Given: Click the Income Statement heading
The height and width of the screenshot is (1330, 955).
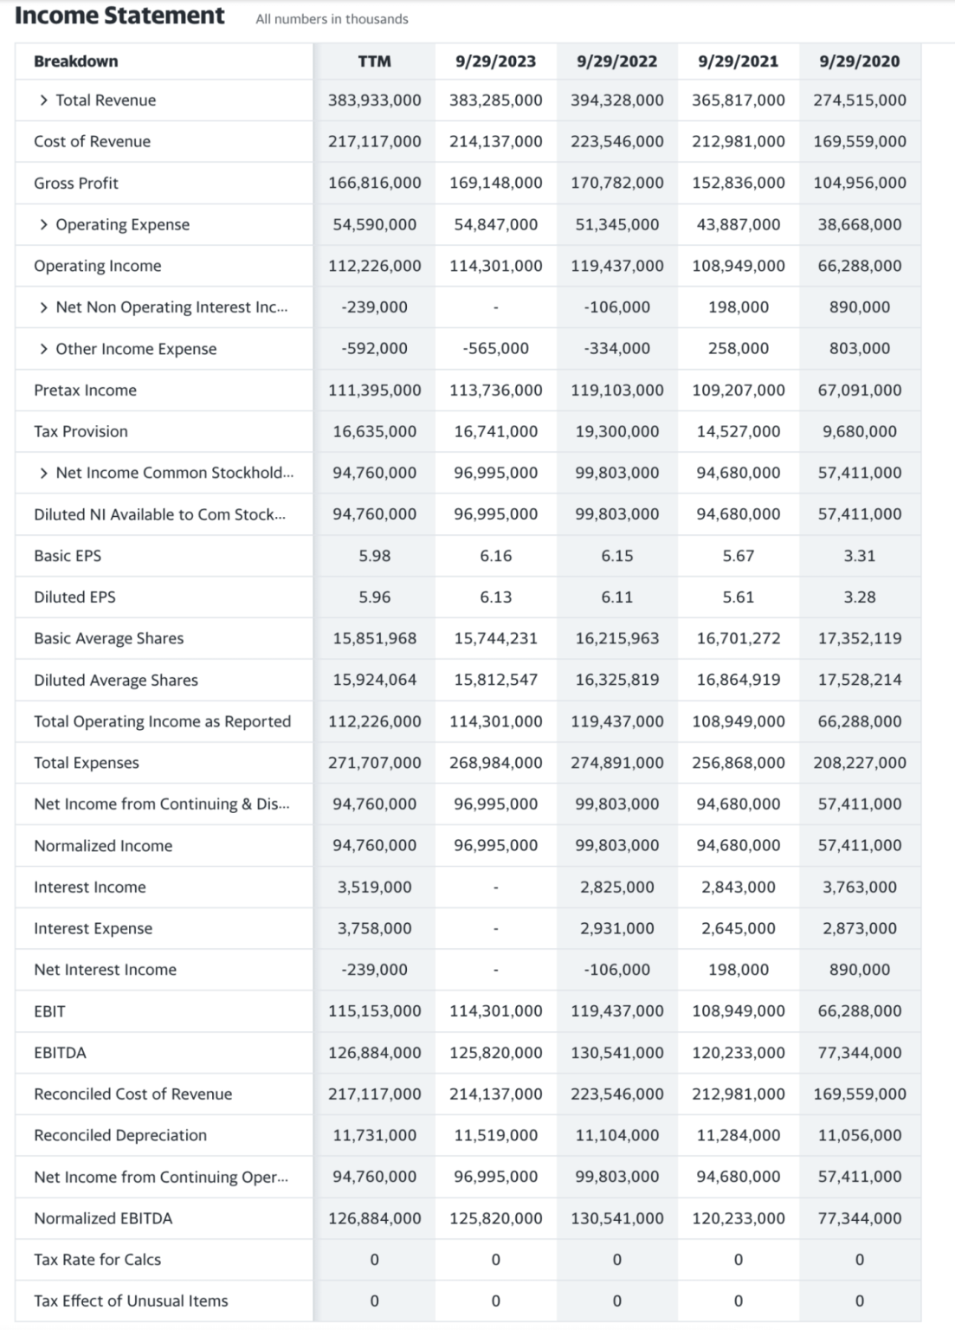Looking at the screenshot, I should (119, 16).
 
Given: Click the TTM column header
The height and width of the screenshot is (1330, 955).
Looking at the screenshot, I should (374, 61).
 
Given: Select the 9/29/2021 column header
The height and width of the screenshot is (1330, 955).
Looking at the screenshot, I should (738, 61).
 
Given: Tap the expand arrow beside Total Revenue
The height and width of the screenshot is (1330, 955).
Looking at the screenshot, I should (43, 100).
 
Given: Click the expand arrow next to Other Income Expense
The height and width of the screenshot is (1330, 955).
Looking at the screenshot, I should (43, 349).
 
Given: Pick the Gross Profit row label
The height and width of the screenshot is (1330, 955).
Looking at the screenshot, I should (76, 183).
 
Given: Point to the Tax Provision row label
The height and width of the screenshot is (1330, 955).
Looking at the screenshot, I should (81, 431).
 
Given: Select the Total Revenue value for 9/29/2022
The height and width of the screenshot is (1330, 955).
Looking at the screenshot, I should (616, 100).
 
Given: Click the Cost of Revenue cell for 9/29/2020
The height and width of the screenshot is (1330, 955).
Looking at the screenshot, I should (859, 141).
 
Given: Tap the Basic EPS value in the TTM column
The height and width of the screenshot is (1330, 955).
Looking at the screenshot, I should (374, 556).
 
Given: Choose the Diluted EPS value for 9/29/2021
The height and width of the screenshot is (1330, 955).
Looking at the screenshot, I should (738, 597).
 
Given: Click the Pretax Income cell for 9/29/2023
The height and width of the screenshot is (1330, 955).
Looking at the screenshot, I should (495, 391).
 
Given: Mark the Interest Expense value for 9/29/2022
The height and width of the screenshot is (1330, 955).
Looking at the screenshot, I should (616, 928).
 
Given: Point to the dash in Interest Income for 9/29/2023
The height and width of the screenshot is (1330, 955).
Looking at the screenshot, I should (495, 888).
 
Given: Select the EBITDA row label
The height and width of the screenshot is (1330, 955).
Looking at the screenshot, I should (60, 1053).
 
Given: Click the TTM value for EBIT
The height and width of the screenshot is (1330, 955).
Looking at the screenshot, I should (374, 1011).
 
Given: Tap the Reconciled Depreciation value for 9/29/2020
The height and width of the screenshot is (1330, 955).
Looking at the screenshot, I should (859, 1135).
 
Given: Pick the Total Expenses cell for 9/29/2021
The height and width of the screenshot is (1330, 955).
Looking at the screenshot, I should (738, 763).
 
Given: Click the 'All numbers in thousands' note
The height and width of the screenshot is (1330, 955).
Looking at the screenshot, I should (332, 19).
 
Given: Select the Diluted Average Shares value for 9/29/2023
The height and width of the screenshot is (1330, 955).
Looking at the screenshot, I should (495, 681).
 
